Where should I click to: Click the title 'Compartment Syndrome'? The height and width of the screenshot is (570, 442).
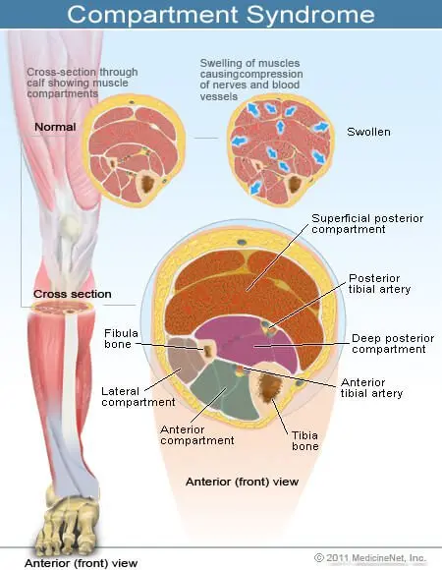coord(220,14)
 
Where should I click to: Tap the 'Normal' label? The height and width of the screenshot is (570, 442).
coord(56,128)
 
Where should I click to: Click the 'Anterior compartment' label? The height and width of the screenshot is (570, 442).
coord(197,434)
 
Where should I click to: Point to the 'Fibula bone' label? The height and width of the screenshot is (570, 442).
coord(123,339)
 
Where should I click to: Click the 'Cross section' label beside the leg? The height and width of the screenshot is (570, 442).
coord(72,294)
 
